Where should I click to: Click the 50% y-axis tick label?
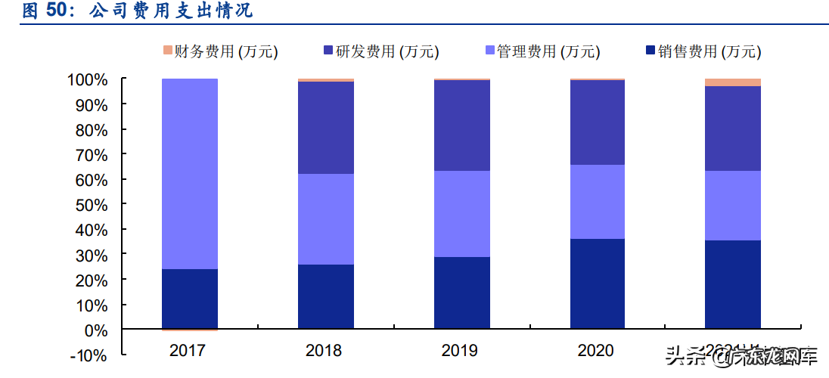point(92,205)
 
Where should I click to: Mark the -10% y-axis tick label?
point(90,355)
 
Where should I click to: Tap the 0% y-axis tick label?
point(95,330)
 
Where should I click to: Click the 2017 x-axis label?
point(189,351)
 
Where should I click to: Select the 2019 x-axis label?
point(460,351)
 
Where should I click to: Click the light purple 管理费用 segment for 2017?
point(190,174)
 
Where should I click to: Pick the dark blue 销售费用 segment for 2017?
point(190,299)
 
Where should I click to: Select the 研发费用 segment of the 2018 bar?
point(325,128)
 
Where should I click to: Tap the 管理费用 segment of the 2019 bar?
point(461,214)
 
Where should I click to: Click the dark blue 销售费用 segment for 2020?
point(597,284)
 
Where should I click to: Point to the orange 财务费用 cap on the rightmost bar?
point(732,82)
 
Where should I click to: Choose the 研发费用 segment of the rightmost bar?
point(732,129)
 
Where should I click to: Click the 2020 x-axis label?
point(596,351)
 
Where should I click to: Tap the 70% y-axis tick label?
point(92,154)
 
